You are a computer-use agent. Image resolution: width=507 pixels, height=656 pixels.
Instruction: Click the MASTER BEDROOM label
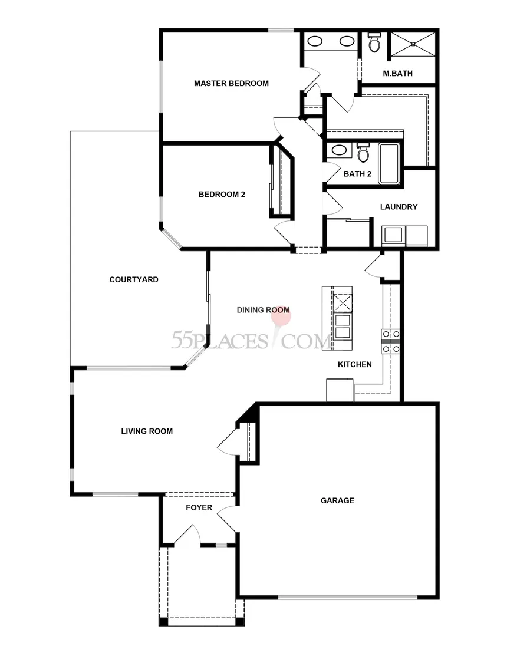click(231, 84)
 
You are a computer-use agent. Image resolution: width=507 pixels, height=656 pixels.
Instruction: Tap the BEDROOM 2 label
click(222, 195)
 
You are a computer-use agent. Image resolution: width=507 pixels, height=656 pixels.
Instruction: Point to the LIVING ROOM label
click(147, 431)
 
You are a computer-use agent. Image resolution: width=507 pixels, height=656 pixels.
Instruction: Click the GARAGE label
click(337, 501)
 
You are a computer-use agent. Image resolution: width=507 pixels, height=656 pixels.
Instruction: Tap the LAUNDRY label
click(399, 207)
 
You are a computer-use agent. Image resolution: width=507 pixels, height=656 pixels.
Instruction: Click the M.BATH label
click(397, 74)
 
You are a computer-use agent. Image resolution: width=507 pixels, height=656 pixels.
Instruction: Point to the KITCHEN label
click(354, 365)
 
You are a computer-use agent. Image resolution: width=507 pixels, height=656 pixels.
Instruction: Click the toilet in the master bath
click(373, 42)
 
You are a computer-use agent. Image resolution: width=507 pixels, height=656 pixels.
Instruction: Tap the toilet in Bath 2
click(363, 153)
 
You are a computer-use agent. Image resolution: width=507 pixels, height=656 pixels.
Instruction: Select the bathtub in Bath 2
click(389, 163)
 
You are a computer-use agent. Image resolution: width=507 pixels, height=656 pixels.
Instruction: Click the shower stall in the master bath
click(412, 45)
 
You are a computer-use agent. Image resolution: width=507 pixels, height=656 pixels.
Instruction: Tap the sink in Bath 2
click(338, 150)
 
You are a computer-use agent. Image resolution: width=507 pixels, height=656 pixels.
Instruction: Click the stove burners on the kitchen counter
click(391, 341)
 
